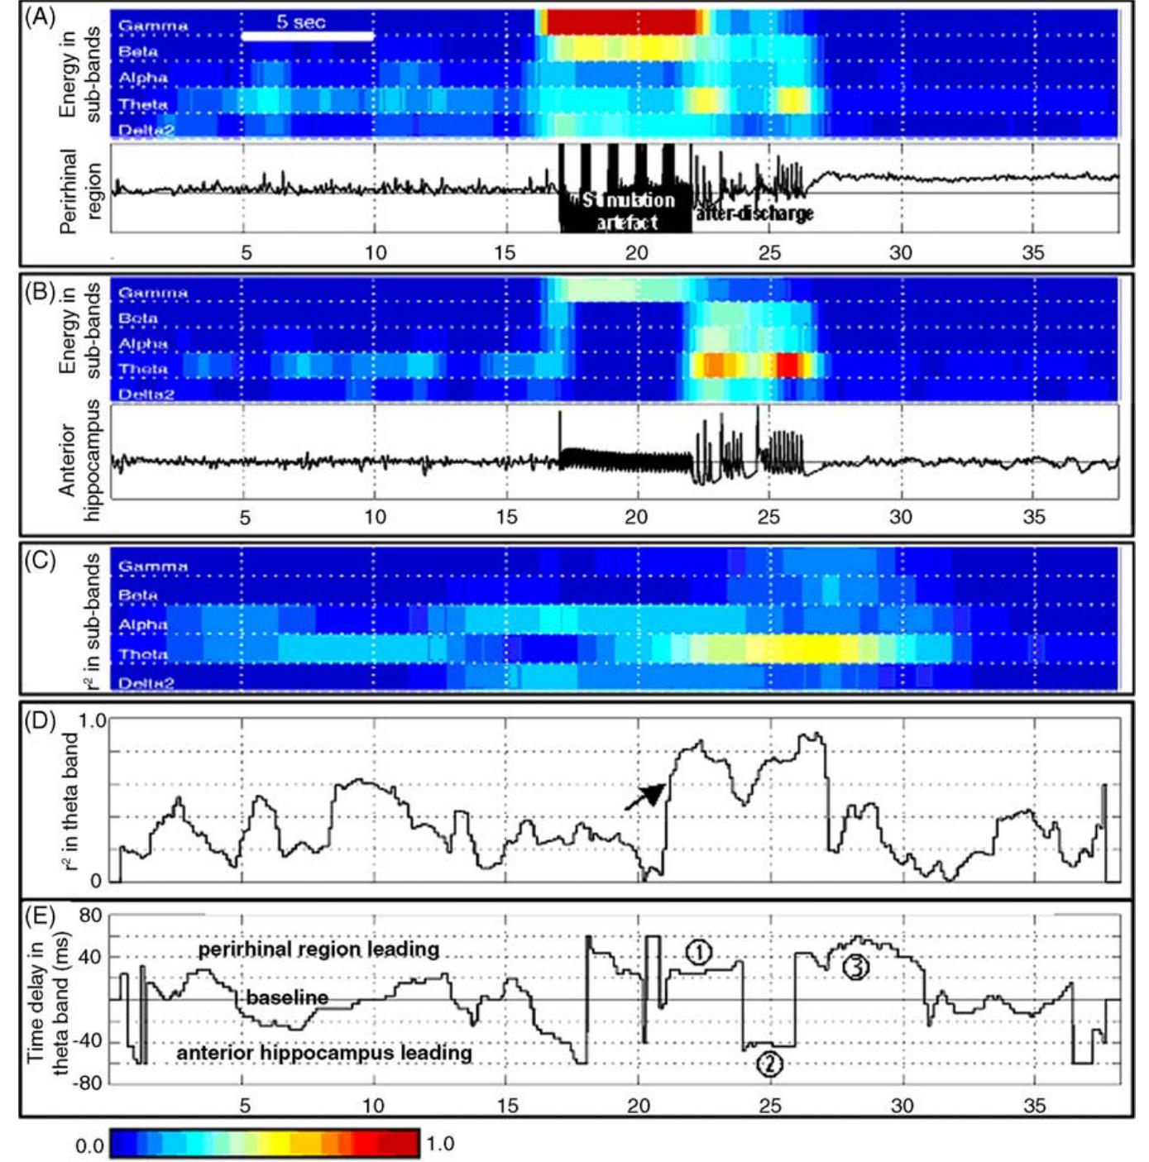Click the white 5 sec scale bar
[x=308, y=36]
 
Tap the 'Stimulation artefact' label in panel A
[x=627, y=212]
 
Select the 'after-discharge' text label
[x=754, y=213]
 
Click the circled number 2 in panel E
[x=769, y=1064]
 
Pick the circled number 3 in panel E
[x=855, y=966]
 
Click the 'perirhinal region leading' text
[x=318, y=949]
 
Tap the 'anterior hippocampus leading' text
[x=324, y=1053]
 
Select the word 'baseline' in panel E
[x=286, y=997]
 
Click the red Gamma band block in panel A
[x=620, y=22]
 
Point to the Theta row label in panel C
[x=143, y=654]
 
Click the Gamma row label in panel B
[x=153, y=293]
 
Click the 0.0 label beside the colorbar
[x=90, y=1145]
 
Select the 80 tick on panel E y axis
[x=89, y=916]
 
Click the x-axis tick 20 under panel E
[x=638, y=1106]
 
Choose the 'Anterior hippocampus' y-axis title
[x=79, y=460]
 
